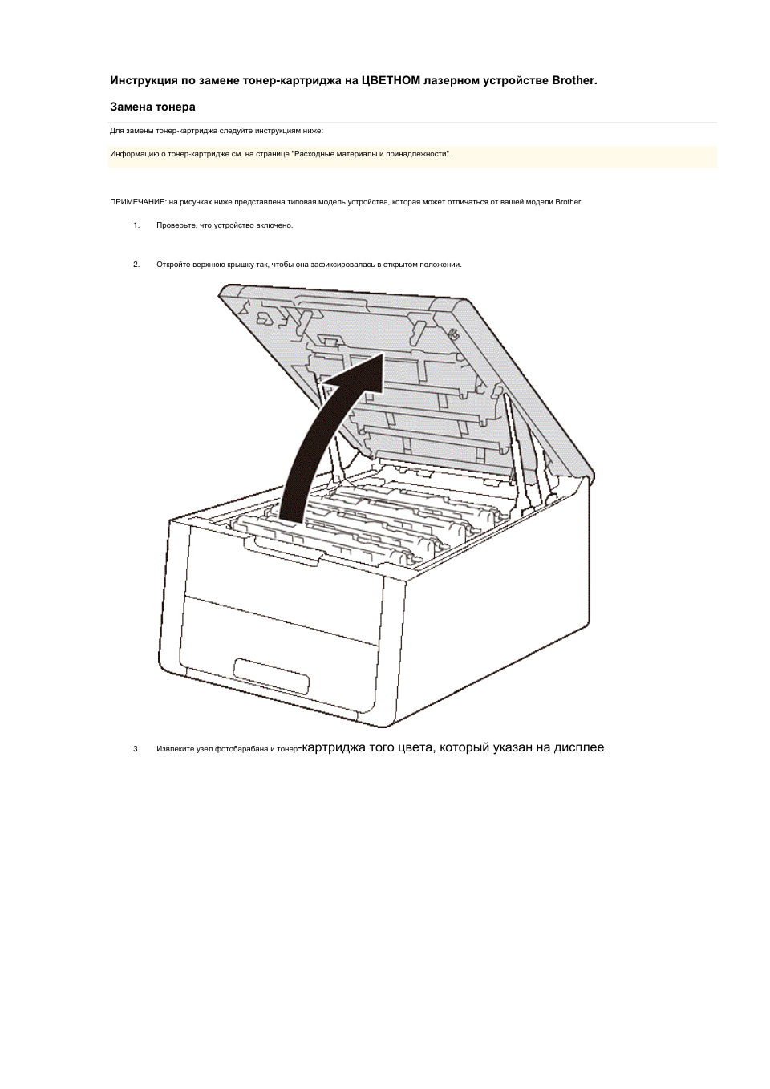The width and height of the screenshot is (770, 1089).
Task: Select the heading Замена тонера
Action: coord(152,107)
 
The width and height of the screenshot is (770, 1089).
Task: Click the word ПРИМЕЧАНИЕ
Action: coord(138,202)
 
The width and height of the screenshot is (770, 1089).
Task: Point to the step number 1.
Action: coord(136,225)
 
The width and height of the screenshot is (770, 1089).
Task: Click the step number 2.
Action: coord(136,265)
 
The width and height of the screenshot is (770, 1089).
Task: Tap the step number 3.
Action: coord(136,749)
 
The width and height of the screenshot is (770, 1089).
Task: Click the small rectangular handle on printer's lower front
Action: coord(271,676)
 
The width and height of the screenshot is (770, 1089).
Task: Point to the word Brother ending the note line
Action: coord(568,202)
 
